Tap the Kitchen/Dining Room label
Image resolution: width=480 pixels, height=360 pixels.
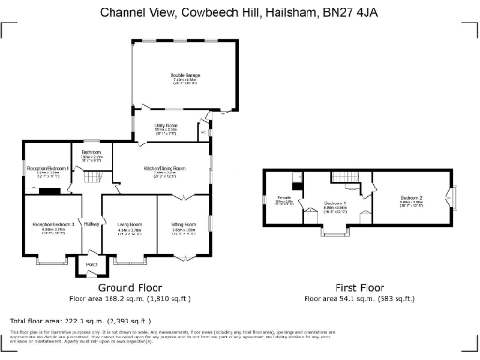(x=162, y=170)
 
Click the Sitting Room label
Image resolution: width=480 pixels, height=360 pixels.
(x=183, y=225)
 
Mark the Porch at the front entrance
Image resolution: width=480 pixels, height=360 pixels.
(x=92, y=265)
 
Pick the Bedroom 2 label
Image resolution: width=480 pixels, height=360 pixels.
(x=412, y=199)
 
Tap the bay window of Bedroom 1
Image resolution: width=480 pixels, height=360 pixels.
(x=335, y=231)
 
